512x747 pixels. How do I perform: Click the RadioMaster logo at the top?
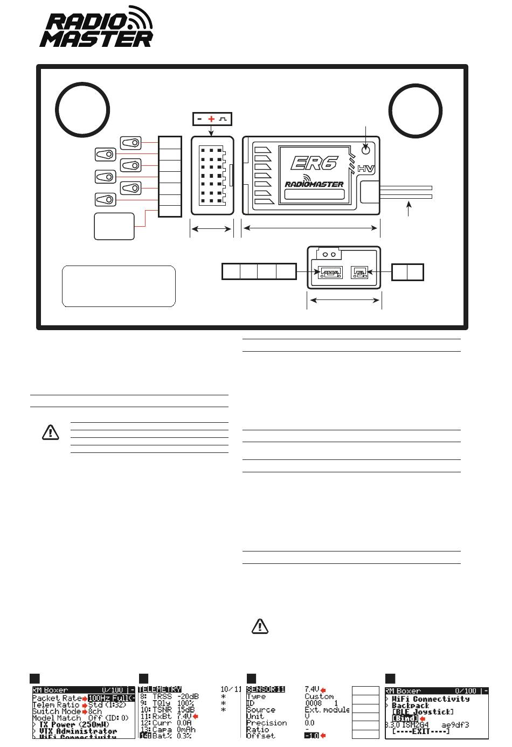pos(96,27)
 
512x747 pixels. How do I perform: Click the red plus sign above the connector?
pos(211,119)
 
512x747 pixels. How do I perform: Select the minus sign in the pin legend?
pos(199,119)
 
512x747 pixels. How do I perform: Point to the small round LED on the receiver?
pos(366,149)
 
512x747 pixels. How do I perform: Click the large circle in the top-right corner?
pos(415,110)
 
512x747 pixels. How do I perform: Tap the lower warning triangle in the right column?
pos(260,626)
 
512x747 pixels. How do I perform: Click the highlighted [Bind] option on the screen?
pos(405,718)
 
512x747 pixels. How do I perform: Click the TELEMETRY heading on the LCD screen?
pos(160,689)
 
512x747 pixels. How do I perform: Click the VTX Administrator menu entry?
pos(78,731)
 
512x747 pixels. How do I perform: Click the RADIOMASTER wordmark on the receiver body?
pos(314,184)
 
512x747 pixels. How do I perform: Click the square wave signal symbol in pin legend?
pos(223,119)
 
